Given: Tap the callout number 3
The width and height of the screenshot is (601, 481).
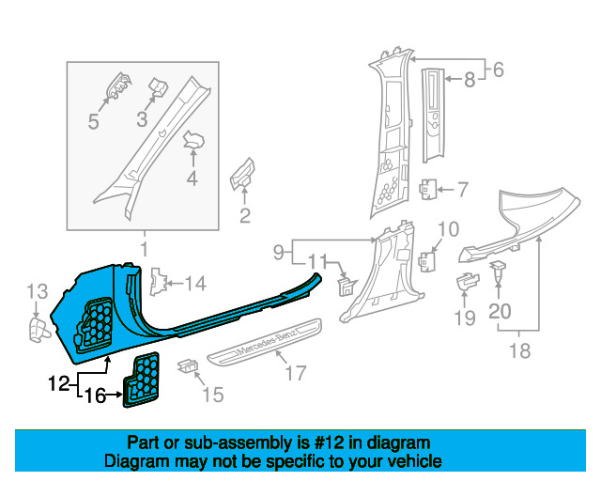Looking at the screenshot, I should pyautogui.click(x=142, y=119).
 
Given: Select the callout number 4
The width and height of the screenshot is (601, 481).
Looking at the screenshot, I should pyautogui.click(x=192, y=178).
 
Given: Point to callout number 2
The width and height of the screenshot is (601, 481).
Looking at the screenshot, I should pyautogui.click(x=244, y=218).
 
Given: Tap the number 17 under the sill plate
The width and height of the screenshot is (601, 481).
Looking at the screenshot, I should pyautogui.click(x=296, y=374).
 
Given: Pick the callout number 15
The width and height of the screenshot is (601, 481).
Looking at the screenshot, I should pyautogui.click(x=213, y=395).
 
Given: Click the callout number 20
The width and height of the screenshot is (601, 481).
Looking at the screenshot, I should pyautogui.click(x=500, y=312).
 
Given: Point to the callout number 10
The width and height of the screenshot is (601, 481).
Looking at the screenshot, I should pyautogui.click(x=448, y=228).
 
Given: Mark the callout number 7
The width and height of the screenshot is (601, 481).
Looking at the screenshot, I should pyautogui.click(x=462, y=190).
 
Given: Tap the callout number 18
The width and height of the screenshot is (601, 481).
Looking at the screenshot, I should pyautogui.click(x=519, y=351).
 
